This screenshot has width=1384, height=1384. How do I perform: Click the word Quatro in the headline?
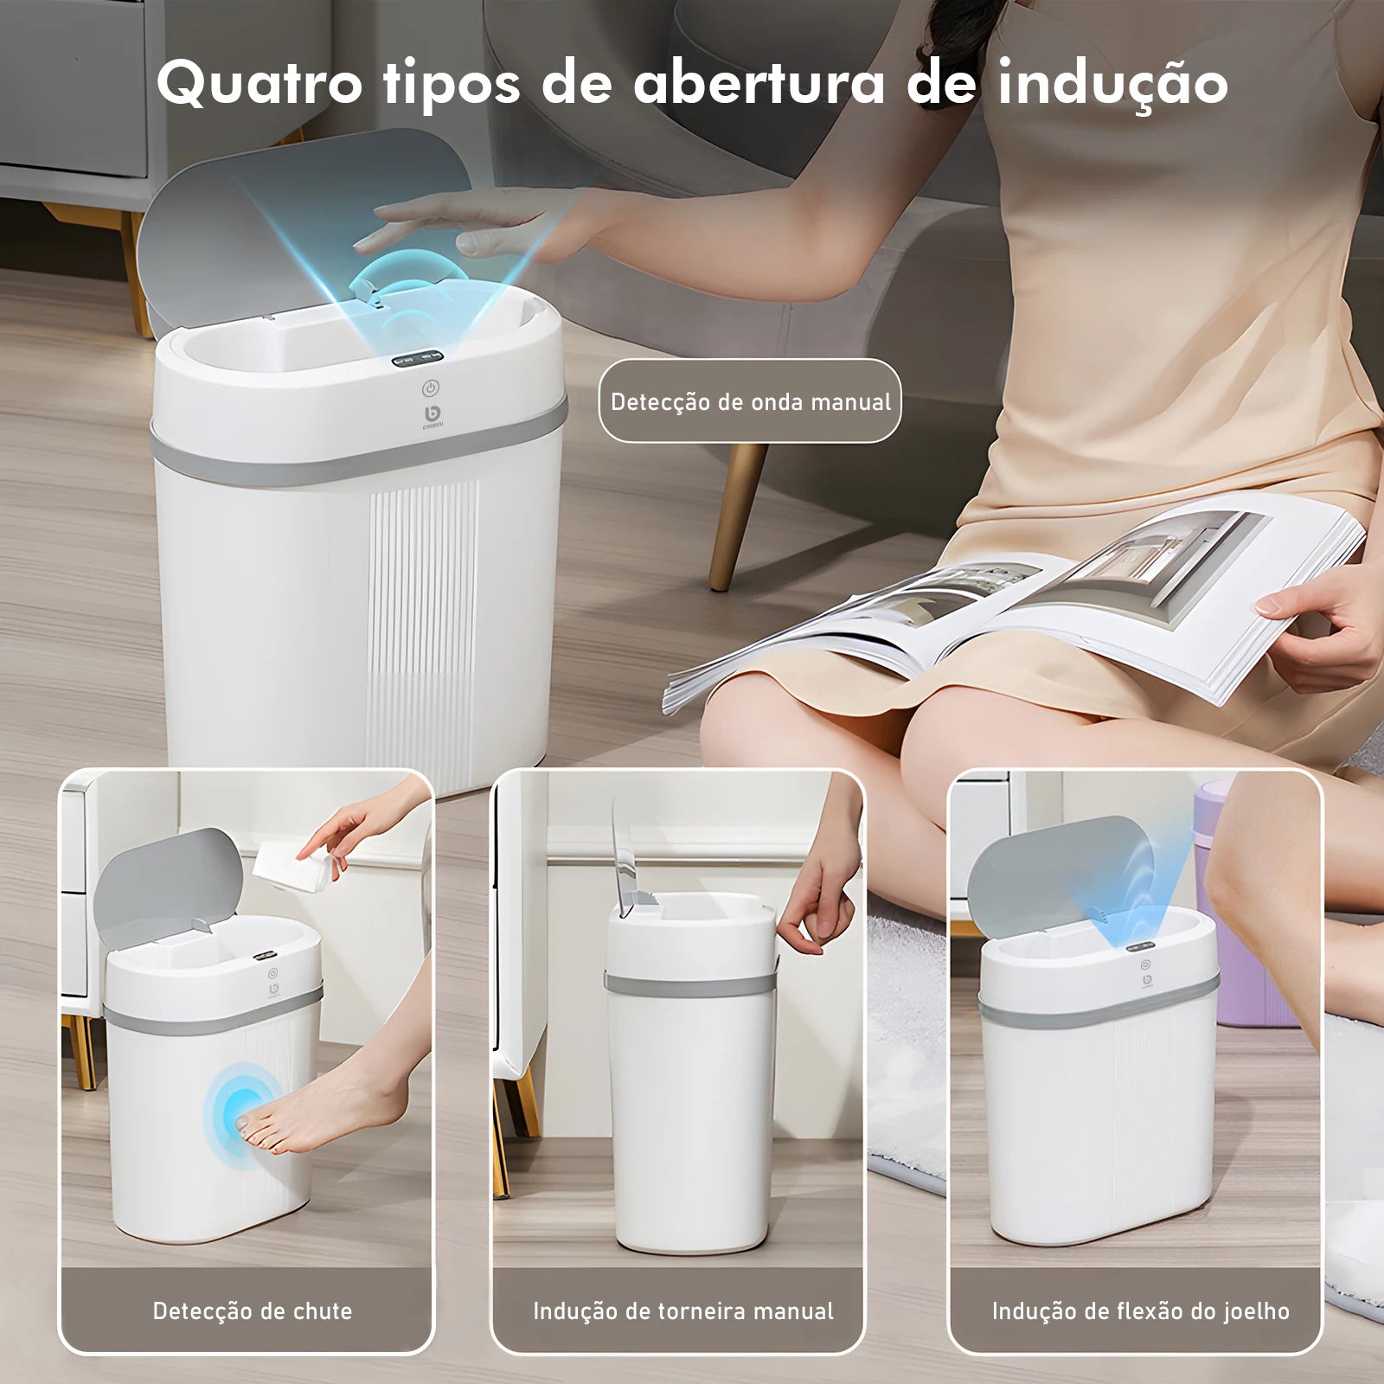258,85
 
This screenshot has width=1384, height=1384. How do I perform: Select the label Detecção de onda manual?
750,401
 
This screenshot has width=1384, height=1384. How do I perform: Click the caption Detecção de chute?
252,1310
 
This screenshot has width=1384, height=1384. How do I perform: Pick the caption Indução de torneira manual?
682,1310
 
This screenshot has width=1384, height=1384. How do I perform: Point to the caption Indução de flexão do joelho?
1140,1310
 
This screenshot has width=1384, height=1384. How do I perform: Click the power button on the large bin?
431,388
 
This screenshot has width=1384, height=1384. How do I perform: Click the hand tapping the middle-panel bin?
822,908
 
